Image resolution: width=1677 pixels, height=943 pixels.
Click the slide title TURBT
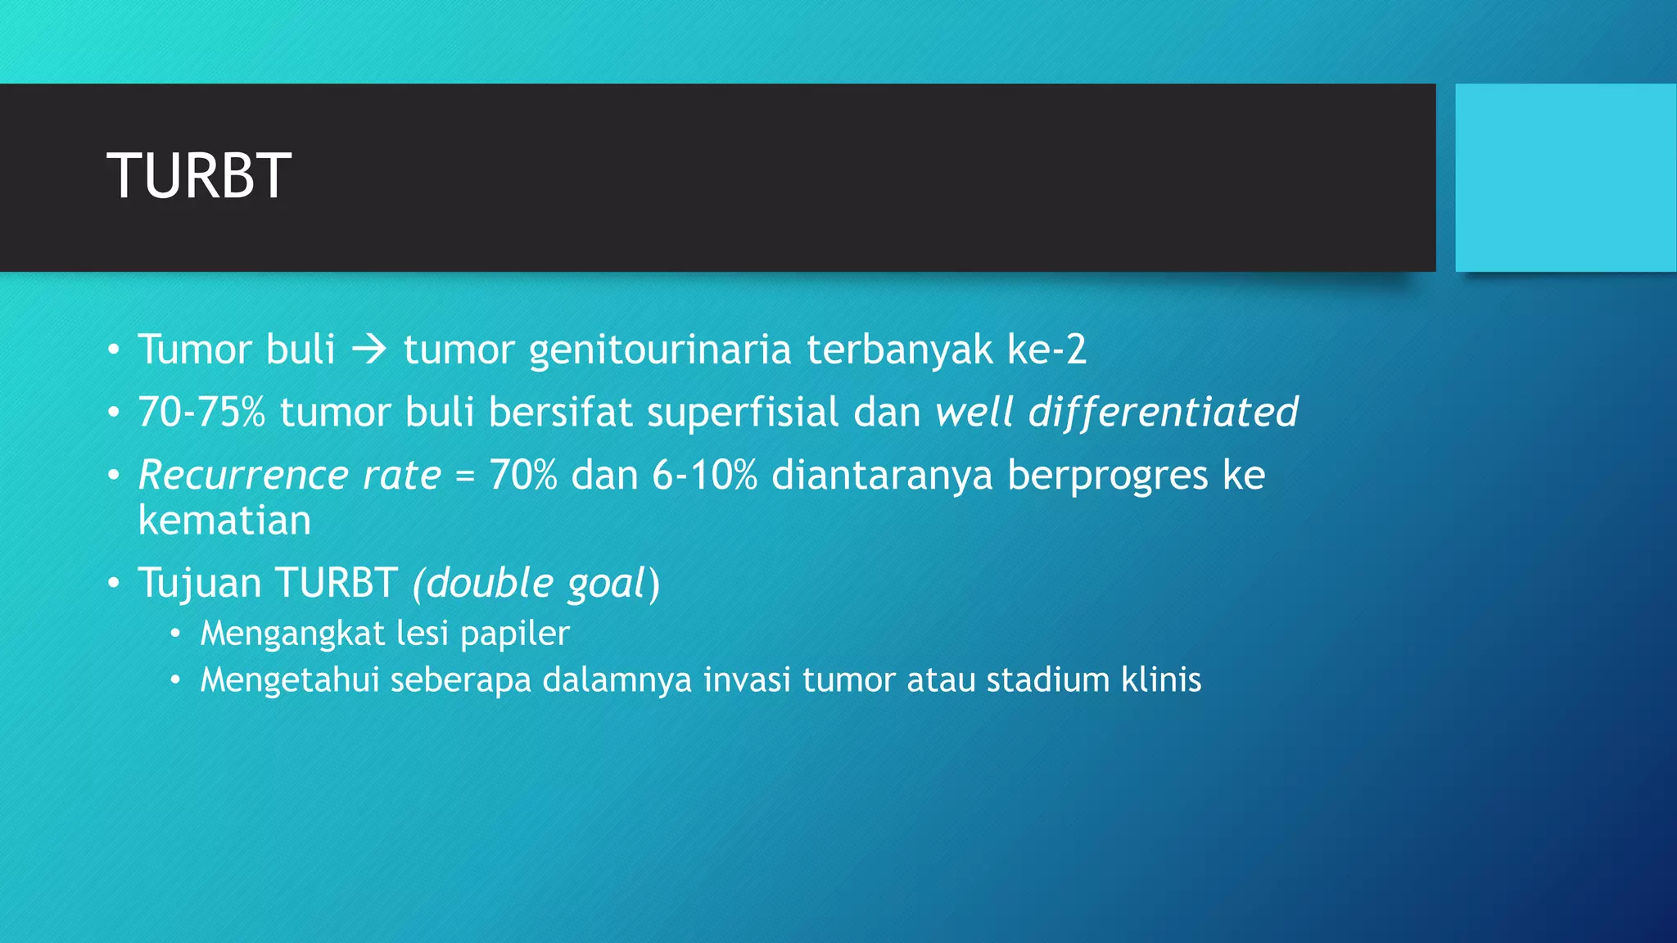[x=199, y=176]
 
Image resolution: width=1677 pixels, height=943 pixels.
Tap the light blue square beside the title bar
[x=1565, y=178]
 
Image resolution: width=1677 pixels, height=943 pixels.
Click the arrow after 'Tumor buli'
[x=369, y=350]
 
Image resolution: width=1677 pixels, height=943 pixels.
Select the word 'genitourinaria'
[x=660, y=350]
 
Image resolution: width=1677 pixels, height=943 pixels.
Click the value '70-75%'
[x=201, y=412]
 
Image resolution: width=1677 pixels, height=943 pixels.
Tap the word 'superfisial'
[x=743, y=412]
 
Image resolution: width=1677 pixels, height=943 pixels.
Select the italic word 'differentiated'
[x=1164, y=412]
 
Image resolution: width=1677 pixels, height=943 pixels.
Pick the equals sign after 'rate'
[x=465, y=475]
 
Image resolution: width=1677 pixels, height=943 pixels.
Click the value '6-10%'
[x=704, y=475]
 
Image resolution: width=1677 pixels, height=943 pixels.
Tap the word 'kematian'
[x=225, y=521]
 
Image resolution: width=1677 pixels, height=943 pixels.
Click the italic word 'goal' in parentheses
[x=606, y=583]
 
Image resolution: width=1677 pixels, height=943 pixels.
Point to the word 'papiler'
[x=515, y=634]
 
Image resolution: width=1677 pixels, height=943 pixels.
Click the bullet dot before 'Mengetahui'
[x=174, y=681]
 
